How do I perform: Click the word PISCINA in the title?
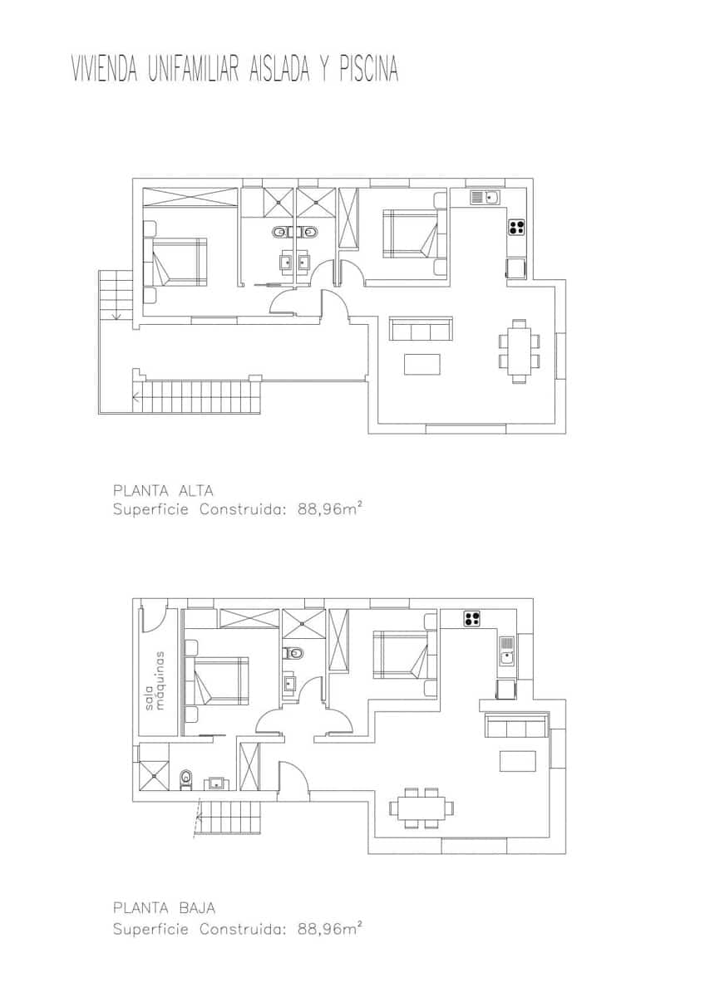368,70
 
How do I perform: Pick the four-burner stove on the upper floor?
515,226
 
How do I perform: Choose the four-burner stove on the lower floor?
472,618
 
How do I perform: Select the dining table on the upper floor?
520,351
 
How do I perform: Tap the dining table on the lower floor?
422,808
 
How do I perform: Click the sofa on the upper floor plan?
422,329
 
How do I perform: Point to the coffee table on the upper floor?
422,365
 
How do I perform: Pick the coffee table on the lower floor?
517,761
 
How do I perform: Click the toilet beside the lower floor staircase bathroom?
186,779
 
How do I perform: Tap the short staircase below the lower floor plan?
229,819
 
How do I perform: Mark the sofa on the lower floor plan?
516,725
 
